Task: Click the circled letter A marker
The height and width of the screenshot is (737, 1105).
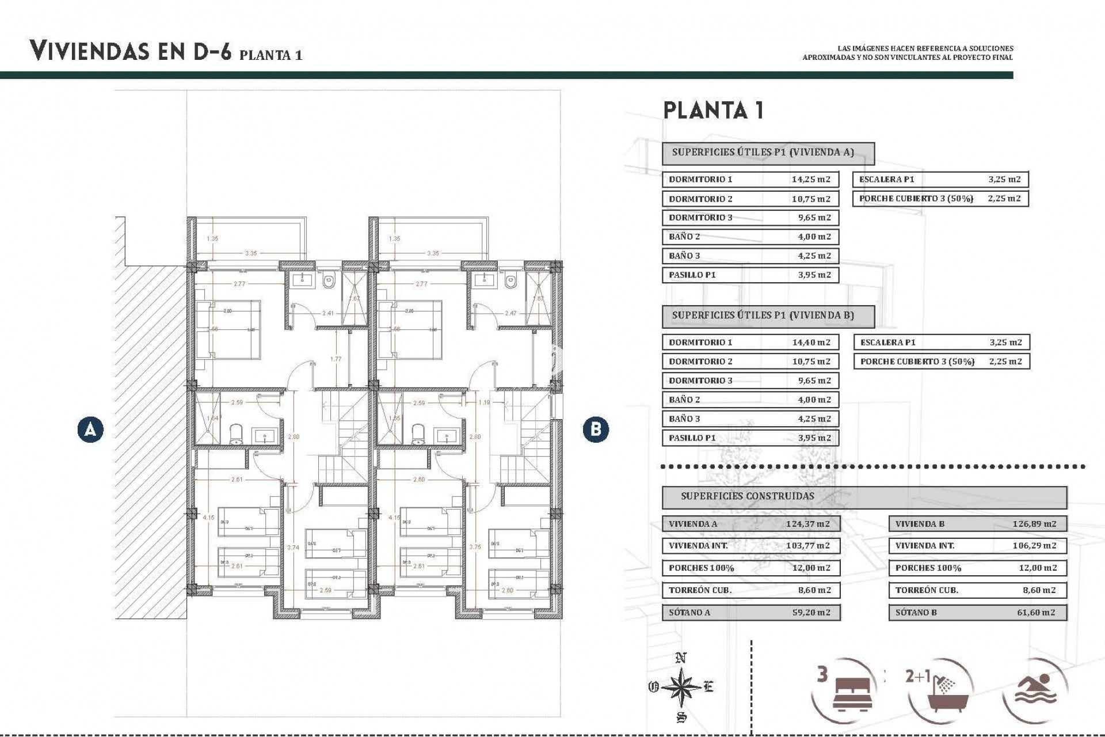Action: coord(90,430)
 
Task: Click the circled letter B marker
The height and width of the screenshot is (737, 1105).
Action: coord(595,430)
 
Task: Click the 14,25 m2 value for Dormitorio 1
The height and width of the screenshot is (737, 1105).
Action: coord(811,179)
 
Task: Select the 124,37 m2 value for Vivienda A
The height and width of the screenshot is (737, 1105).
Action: coord(807,524)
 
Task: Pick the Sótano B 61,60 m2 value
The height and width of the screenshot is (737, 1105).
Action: coord(1036,613)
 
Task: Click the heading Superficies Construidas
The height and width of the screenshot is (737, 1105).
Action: coord(747,496)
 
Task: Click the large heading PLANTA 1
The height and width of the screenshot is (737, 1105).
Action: coord(714,110)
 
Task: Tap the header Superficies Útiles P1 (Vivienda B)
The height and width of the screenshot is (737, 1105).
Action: coord(763,316)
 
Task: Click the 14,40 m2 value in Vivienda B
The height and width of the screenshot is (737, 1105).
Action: coord(811,342)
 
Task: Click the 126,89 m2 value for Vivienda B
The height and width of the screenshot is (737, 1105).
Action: coord(1034,524)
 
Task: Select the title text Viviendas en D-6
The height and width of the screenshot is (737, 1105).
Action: coord(131,52)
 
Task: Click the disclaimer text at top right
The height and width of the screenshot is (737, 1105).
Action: coord(908,53)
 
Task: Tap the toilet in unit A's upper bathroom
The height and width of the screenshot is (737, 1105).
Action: coord(329,282)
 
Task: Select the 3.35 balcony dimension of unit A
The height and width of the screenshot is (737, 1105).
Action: coord(250,253)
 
